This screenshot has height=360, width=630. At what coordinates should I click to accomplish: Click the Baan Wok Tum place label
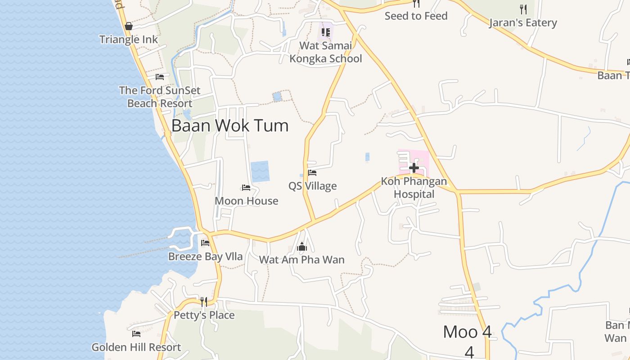point(230,126)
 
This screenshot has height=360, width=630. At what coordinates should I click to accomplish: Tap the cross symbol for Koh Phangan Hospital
point(414,168)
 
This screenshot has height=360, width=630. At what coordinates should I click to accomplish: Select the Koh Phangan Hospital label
point(414,188)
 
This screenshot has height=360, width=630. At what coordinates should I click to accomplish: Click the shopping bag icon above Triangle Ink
point(129,26)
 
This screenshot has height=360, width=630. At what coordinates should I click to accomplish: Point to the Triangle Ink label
point(129,40)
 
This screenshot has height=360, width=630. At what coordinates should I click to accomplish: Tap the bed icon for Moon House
point(246,187)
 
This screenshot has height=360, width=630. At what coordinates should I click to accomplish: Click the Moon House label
point(247,201)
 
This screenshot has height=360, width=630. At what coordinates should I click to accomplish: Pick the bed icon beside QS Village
point(312,172)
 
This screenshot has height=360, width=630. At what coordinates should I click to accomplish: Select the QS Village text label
point(313,186)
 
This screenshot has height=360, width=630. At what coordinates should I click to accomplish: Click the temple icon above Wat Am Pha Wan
point(302,247)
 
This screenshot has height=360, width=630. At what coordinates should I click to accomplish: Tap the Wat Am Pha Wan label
point(302,260)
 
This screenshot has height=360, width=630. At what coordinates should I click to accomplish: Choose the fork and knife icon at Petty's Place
point(204,301)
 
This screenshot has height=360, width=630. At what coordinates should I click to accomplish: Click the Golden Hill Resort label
point(136,347)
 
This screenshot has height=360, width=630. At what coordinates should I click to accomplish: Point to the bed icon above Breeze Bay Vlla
point(205,243)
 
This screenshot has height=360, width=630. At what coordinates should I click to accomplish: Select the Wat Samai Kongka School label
point(325,52)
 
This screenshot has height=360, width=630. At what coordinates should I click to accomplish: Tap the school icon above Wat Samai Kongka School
point(325,32)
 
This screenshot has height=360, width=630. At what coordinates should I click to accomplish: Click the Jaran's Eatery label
point(523,22)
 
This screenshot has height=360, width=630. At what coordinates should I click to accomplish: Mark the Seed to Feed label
point(416,16)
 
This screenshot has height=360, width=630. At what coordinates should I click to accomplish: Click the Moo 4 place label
point(468,332)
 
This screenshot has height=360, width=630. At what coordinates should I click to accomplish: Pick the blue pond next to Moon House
point(260,171)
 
